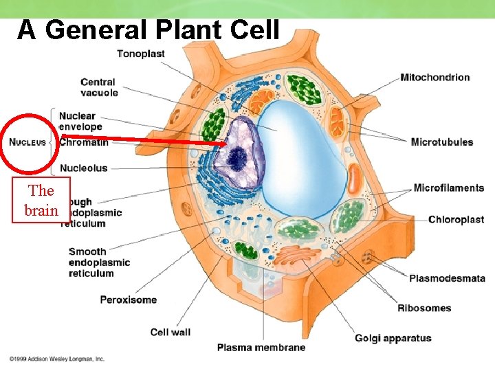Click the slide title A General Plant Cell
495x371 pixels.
[148, 30]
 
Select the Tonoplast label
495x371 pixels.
[140, 54]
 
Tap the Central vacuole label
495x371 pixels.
[99, 88]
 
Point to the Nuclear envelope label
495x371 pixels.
[80, 121]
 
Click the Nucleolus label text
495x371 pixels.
[84, 168]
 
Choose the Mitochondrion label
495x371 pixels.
[434, 78]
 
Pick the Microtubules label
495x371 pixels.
[442, 142]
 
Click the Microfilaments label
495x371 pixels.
[448, 188]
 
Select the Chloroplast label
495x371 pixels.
[456, 220]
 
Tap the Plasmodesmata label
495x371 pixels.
[447, 278]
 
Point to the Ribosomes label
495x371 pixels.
[424, 308]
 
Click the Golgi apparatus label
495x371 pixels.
[393, 338]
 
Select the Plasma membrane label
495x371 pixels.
[261, 348]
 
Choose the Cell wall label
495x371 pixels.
[170, 333]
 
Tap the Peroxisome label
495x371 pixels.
[128, 300]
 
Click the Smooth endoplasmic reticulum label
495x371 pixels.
[99, 262]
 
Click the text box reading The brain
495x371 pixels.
[41, 201]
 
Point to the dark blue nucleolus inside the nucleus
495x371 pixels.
[238, 159]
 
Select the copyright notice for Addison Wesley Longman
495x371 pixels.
[56, 359]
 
